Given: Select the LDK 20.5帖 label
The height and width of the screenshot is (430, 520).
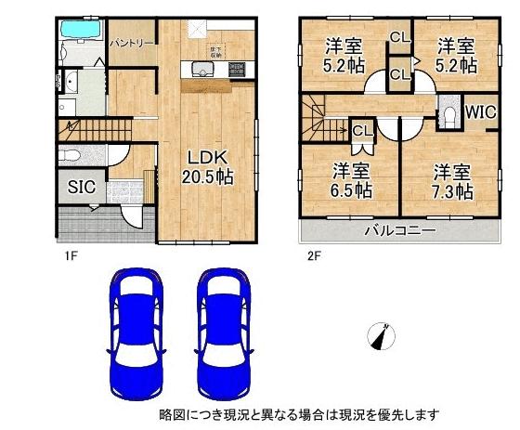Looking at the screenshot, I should pos(205,165).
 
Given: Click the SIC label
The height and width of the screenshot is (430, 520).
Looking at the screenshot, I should pos(80,185).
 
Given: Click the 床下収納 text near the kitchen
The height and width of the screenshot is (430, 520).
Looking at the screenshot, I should pos(214,52).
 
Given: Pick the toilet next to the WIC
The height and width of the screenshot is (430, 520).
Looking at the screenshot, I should pos(447,115).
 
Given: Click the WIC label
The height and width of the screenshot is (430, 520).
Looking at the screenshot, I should pos(480,112).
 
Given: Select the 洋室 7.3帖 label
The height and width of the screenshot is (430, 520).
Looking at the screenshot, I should pos(452,182).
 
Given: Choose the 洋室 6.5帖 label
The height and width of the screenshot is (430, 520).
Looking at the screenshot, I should pos(353,182).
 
